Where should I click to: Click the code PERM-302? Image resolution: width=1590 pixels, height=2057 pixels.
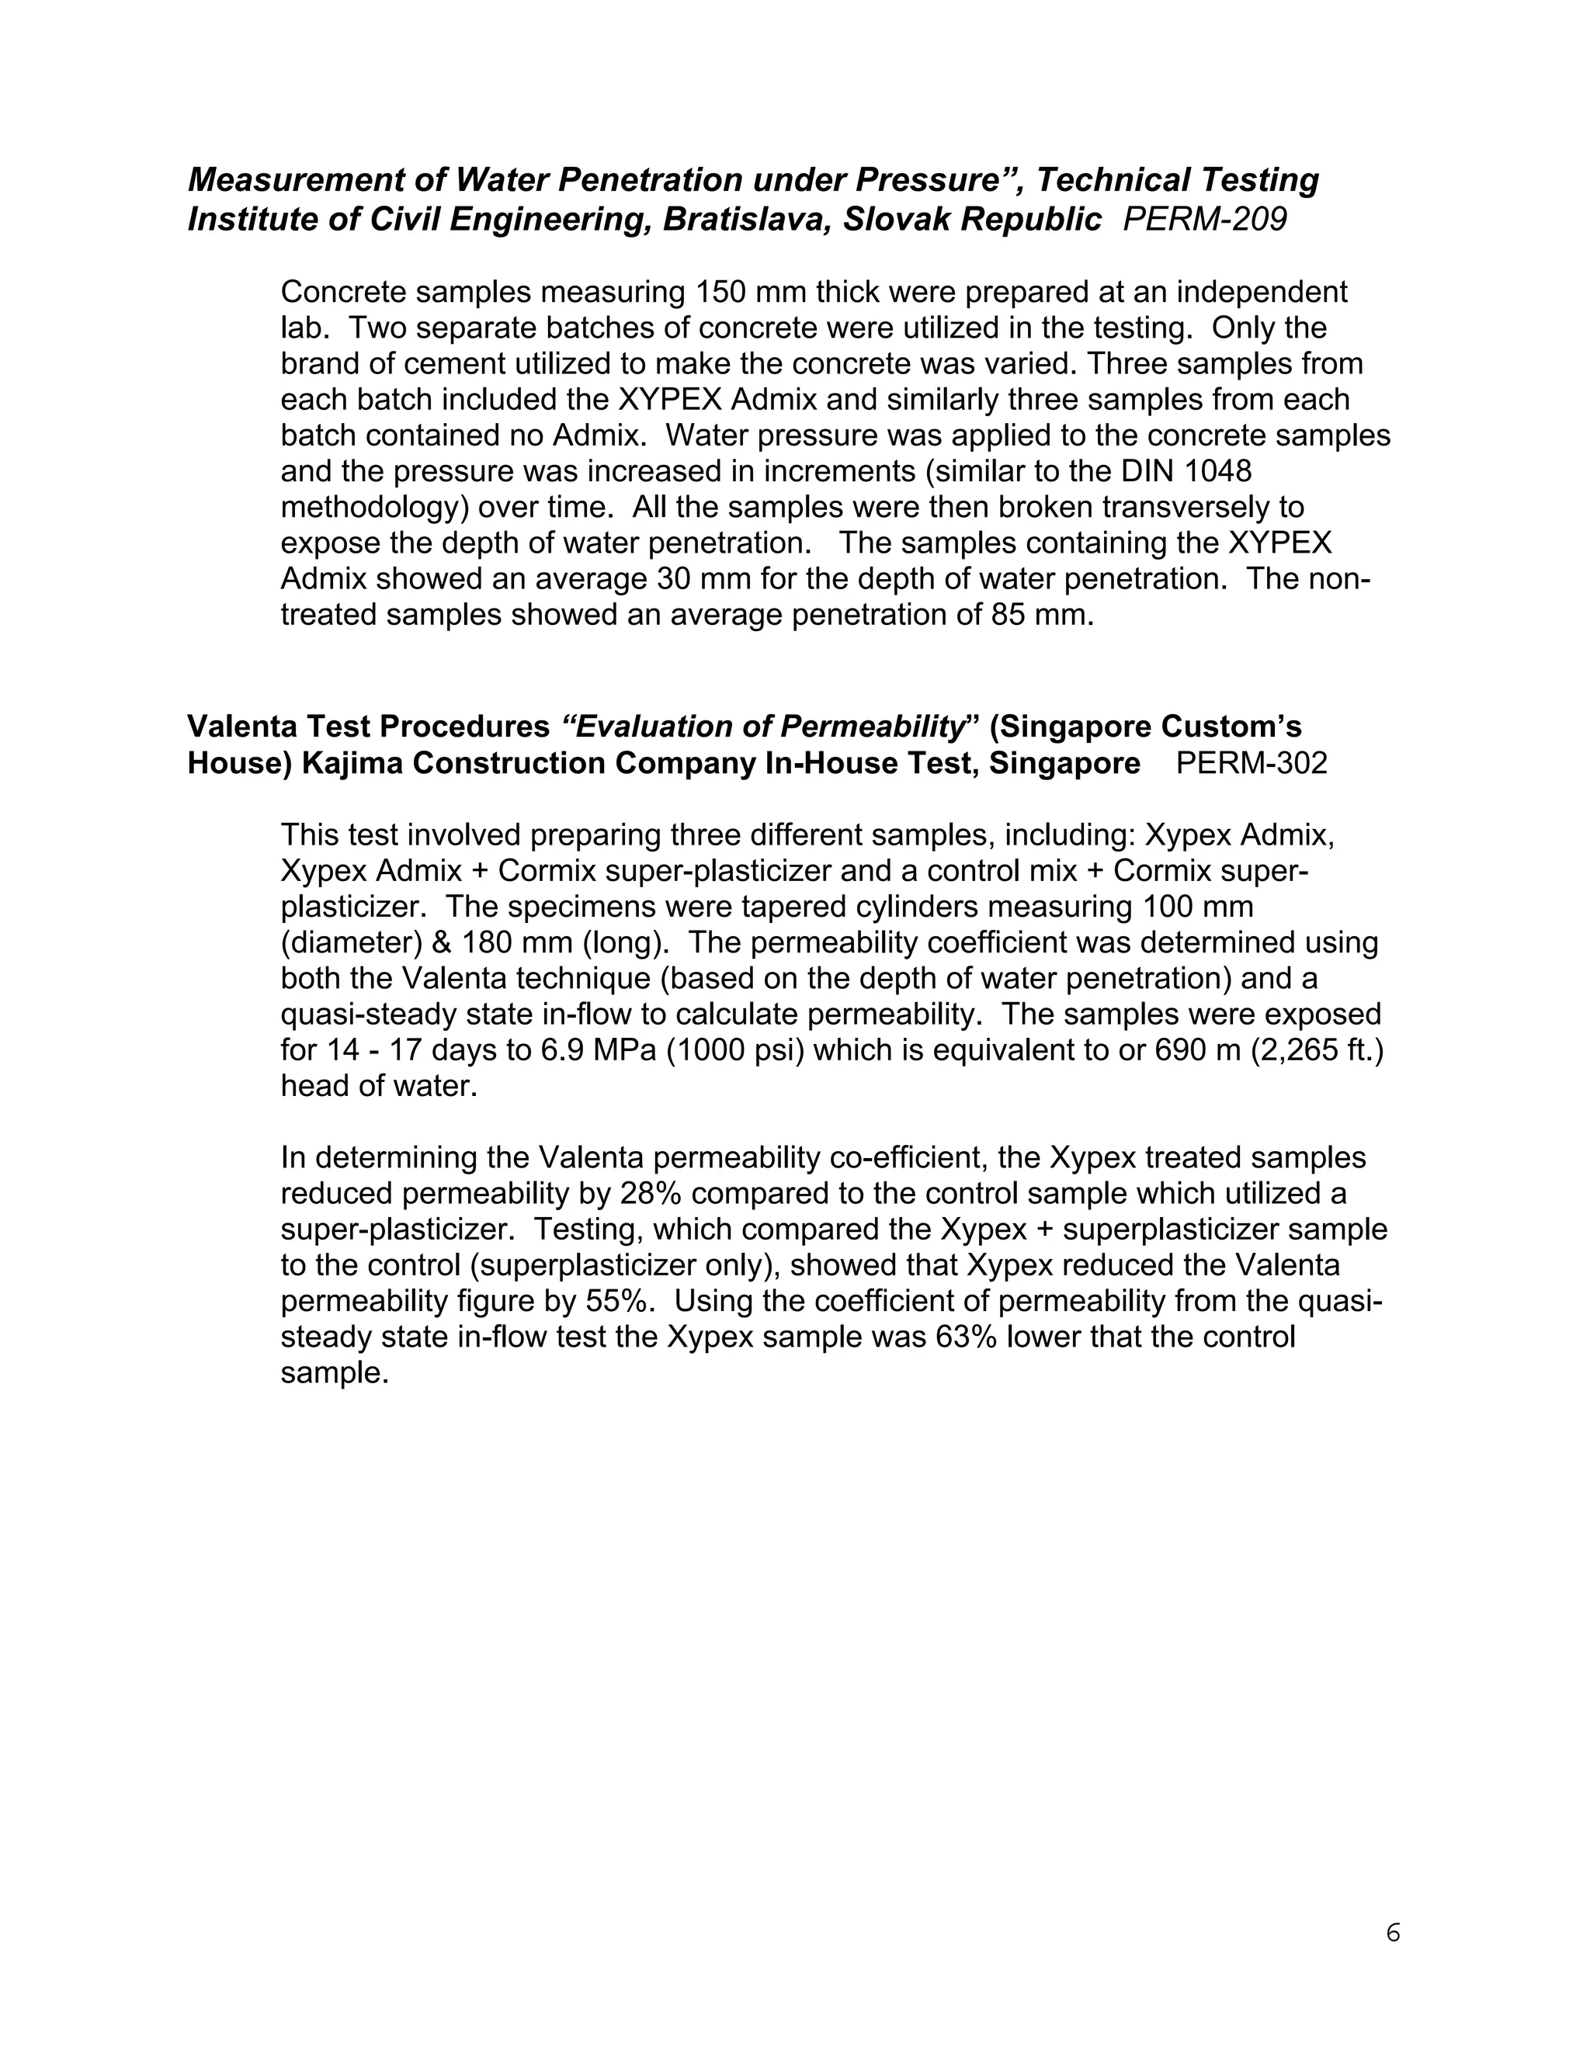click(1251, 763)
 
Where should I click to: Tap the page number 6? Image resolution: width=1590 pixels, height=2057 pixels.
click(1393, 1926)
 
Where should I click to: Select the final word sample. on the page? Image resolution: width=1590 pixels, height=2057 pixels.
click(335, 1373)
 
